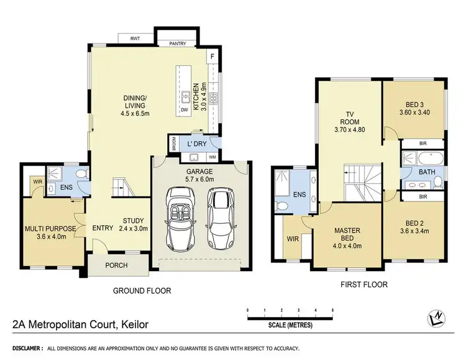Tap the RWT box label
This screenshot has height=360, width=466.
coord(135,39)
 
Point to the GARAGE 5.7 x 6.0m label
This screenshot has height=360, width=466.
coord(200,175)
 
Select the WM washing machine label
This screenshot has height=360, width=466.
coord(212,157)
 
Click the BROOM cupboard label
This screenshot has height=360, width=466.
coord(173,144)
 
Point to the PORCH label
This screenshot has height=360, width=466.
coord(116,265)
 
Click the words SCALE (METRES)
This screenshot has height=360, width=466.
coord(291,325)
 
